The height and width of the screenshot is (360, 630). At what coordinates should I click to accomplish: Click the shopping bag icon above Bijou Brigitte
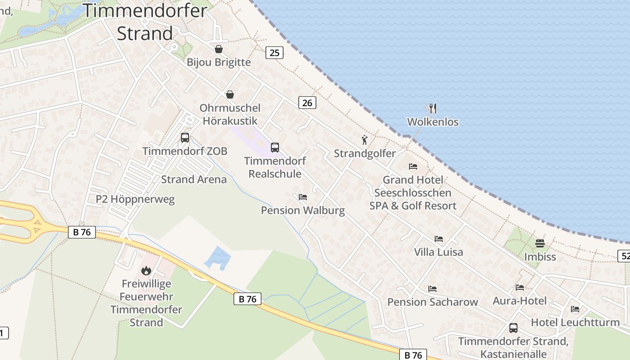tap(219, 49)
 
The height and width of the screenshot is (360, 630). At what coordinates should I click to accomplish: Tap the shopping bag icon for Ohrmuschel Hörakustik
tap(230, 94)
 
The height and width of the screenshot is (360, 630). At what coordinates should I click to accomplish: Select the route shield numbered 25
tap(274, 53)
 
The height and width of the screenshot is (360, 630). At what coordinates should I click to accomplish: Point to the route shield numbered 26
tap(307, 103)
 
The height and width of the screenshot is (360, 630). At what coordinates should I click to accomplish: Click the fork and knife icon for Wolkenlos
tap(432, 108)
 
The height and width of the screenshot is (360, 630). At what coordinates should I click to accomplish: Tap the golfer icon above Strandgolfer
tap(364, 140)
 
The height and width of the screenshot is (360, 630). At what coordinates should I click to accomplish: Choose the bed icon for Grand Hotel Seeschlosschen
tap(413, 166)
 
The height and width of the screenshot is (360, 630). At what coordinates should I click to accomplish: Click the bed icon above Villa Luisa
tap(439, 239)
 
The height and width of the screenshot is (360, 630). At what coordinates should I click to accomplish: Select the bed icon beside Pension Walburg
tap(303, 197)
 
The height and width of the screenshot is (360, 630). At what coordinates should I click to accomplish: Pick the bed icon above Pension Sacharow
tap(432, 288)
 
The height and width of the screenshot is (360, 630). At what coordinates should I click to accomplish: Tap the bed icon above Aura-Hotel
tap(520, 288)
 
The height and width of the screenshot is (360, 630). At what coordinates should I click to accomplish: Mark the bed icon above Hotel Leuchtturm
tap(575, 309)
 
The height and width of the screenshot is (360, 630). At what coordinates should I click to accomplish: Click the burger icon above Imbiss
tap(540, 243)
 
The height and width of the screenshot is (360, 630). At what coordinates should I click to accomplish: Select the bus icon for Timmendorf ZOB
tap(185, 138)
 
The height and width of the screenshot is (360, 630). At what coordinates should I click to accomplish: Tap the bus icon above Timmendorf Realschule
tap(274, 147)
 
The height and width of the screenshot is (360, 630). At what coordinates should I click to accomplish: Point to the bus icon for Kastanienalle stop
tap(513, 328)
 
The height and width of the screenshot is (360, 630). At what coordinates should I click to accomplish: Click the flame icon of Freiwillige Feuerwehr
tap(146, 270)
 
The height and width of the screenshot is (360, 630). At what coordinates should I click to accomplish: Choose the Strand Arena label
tap(194, 180)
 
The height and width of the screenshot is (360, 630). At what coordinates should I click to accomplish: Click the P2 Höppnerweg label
tap(135, 199)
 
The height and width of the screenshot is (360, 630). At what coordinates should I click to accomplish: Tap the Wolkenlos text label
tap(432, 122)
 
